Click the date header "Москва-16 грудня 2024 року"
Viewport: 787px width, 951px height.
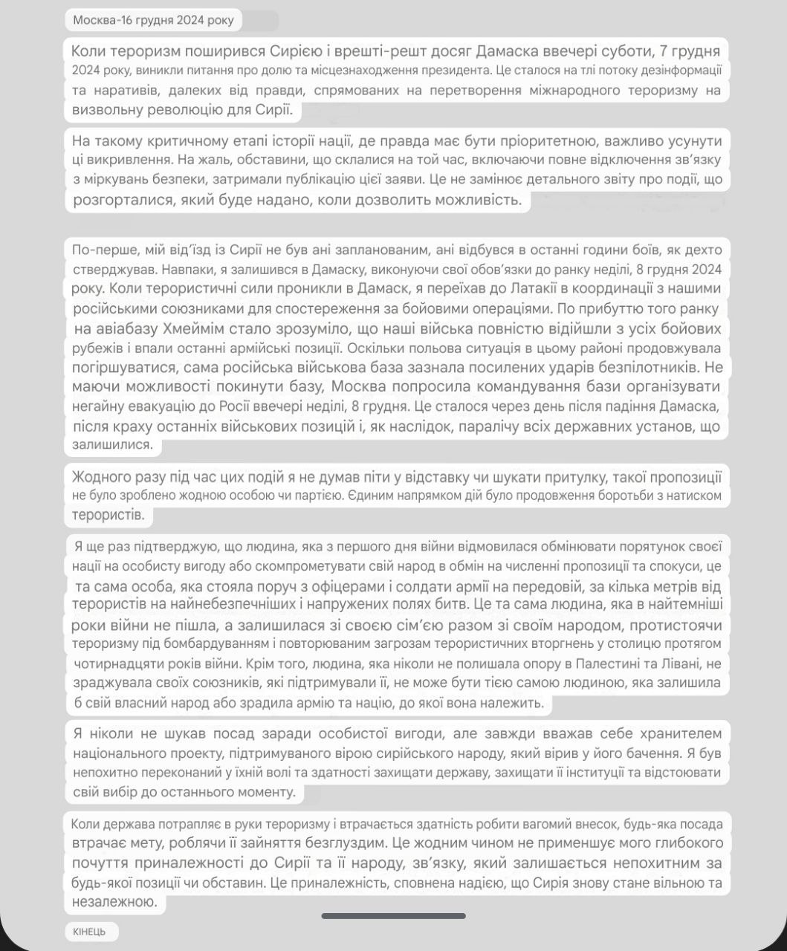point(153,20)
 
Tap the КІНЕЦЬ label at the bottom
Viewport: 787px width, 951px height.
point(89,932)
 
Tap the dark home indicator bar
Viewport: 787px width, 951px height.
point(393,916)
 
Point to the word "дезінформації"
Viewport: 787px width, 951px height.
point(679,71)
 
